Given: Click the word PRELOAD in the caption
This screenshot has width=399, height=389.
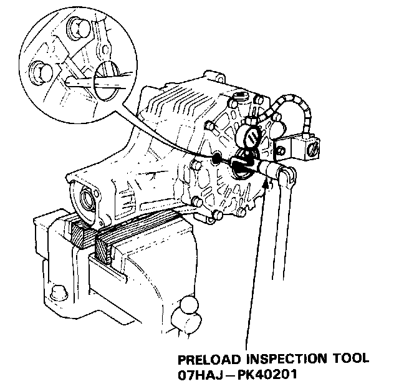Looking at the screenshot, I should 205,360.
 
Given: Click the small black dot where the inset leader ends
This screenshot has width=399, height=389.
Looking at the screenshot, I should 216,159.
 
